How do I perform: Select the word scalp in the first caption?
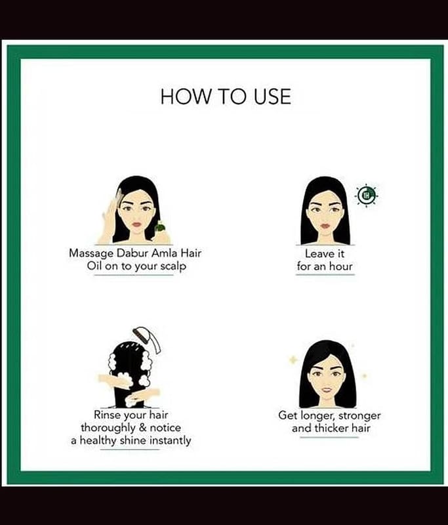(x=173, y=266)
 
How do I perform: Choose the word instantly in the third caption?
(x=170, y=440)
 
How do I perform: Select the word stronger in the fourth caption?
(x=359, y=415)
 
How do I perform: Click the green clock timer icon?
(x=367, y=195)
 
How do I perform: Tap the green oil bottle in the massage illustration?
(x=160, y=227)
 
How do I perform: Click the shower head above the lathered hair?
(x=147, y=339)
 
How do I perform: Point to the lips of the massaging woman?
(x=137, y=224)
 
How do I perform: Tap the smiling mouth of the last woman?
(x=327, y=390)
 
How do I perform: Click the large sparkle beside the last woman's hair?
(x=293, y=360)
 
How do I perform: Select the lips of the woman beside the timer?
(x=325, y=225)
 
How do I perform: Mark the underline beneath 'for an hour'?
(x=325, y=274)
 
